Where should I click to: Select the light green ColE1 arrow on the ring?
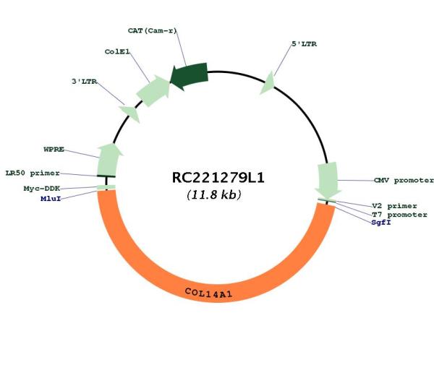(153, 90)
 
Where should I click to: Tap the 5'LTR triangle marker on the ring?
(268, 84)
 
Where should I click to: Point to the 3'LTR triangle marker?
(130, 113)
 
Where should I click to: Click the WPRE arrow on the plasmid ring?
(109, 160)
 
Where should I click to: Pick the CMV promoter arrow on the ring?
(328, 180)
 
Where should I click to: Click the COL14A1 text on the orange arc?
(208, 293)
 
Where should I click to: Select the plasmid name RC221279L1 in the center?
(218, 178)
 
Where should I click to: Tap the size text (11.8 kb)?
(214, 195)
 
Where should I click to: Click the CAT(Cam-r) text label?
(152, 30)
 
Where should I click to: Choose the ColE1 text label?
(117, 52)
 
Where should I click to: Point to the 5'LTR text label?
(305, 44)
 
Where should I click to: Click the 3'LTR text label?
(85, 81)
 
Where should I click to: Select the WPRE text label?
(54, 150)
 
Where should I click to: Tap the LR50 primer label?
(33, 173)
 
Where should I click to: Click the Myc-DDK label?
(42, 189)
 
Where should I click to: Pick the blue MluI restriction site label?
(51, 199)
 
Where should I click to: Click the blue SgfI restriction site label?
(381, 223)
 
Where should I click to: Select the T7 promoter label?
(399, 215)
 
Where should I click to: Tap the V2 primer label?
(394, 206)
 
